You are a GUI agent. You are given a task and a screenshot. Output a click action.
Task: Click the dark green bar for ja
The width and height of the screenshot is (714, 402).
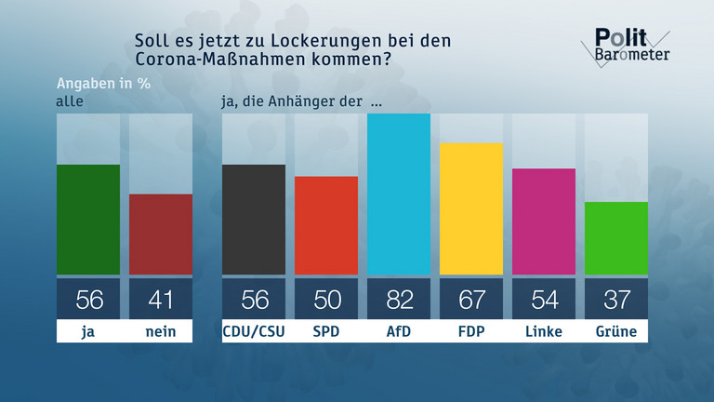click(88, 220)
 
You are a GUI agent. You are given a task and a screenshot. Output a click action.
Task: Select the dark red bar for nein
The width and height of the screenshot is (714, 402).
click(160, 234)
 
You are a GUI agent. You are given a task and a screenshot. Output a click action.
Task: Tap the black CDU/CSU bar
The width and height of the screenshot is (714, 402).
click(254, 220)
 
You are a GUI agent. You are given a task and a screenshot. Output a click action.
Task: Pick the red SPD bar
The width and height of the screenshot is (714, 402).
click(326, 225)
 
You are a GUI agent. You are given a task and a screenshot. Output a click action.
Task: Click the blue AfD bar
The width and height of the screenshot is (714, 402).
click(399, 194)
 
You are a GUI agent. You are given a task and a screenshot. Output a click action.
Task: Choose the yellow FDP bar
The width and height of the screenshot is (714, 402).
click(471, 209)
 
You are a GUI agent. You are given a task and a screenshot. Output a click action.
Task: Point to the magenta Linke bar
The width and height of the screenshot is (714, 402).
click(544, 221)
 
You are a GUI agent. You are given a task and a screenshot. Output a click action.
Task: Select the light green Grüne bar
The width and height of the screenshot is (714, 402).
click(616, 238)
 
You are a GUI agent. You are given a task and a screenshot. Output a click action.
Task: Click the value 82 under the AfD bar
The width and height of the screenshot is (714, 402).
click(399, 300)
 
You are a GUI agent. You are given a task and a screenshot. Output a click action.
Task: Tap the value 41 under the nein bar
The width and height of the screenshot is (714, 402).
click(160, 300)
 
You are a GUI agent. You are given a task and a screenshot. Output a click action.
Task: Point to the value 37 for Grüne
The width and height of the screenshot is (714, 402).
click(616, 300)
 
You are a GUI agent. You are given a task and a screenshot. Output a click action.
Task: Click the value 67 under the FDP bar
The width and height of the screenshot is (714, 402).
click(471, 300)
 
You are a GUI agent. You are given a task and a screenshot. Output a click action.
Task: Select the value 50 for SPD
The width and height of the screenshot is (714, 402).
click(326, 300)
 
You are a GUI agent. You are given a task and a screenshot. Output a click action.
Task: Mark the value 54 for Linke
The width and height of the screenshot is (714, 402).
click(544, 300)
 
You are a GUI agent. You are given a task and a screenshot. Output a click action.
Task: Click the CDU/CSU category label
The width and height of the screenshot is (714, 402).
click(254, 331)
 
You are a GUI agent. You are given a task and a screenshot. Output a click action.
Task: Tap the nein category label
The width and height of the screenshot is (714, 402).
click(160, 331)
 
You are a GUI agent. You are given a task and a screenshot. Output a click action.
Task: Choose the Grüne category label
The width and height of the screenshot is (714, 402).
click(616, 331)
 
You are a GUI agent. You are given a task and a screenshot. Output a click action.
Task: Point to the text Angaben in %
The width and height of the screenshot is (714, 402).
click(104, 81)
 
